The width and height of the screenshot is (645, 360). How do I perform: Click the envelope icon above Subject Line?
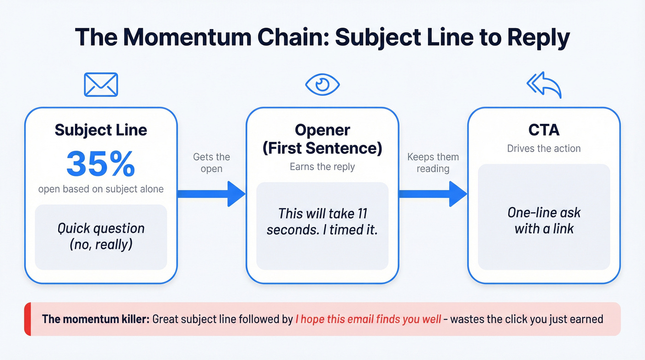click(x=101, y=84)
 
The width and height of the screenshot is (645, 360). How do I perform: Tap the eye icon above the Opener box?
click(x=322, y=84)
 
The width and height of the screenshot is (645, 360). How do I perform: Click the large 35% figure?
click(x=101, y=164)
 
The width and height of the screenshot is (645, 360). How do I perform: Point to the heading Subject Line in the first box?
click(x=101, y=130)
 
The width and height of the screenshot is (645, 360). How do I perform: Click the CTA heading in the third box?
click(x=544, y=130)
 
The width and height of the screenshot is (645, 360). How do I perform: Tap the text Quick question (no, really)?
click(x=101, y=236)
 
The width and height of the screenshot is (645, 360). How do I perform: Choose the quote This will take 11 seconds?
click(x=322, y=222)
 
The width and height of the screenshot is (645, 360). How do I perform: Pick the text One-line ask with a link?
click(x=544, y=220)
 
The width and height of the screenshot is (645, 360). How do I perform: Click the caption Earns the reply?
click(x=322, y=167)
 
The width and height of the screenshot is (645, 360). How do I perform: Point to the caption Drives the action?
click(x=544, y=148)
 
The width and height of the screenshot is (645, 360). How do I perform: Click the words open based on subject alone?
click(x=101, y=189)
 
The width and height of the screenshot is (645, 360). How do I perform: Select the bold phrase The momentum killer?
click(x=95, y=319)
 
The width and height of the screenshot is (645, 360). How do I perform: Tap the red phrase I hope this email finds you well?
click(x=368, y=319)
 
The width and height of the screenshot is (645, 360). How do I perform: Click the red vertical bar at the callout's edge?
click(x=27, y=319)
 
